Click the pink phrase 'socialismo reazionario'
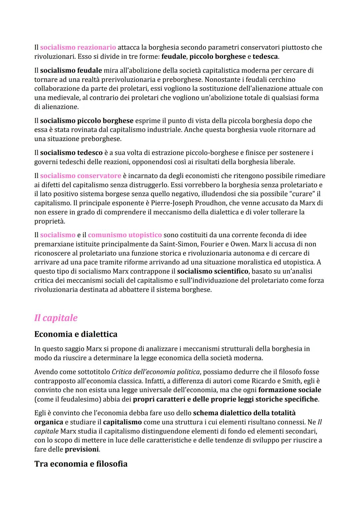(78, 47)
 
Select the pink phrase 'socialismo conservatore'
(81, 176)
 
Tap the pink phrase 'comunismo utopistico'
(125, 235)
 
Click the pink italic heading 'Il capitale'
(56, 318)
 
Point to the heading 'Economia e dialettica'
(76, 334)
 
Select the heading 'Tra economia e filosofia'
(81, 464)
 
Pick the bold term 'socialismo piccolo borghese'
(87, 121)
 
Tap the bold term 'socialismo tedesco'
(71, 153)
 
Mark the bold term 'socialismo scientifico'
(213, 271)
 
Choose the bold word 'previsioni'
(82, 449)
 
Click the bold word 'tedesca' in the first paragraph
(265, 56)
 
